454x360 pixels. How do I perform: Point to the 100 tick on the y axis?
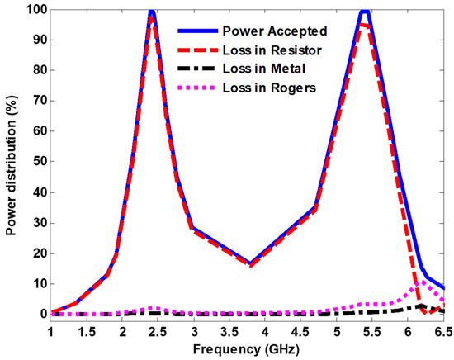pyautogui.click(x=34, y=10)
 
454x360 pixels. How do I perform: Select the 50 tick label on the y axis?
pyautogui.click(x=37, y=162)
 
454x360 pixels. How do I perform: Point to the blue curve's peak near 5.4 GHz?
pyautogui.click(x=365, y=11)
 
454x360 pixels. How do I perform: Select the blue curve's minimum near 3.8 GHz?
pyautogui.click(x=250, y=263)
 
